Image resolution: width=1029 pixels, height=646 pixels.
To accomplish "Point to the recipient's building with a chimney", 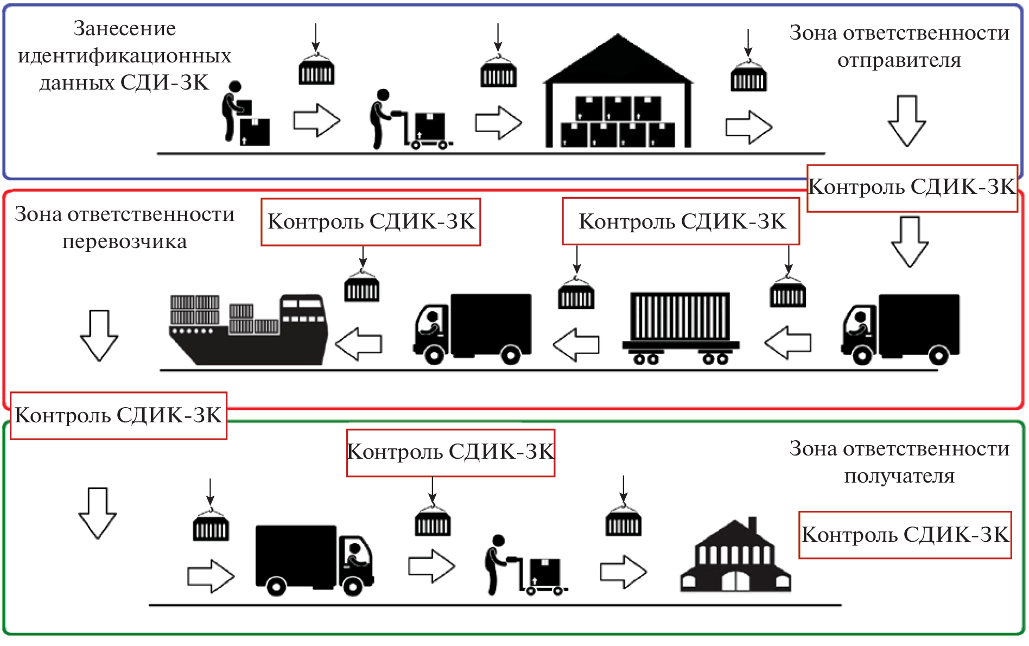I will tap(735, 559).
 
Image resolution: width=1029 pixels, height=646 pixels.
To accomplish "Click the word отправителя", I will tap(899, 60).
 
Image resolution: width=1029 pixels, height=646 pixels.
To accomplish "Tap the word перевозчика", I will tap(124, 242).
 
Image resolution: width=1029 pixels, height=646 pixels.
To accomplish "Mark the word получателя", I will tap(899, 476).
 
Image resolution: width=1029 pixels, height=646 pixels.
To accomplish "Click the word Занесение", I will tap(124, 29).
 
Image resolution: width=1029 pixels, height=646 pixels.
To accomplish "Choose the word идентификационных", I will tap(124, 56).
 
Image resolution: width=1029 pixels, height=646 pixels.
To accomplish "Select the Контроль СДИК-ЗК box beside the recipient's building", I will tap(905, 535).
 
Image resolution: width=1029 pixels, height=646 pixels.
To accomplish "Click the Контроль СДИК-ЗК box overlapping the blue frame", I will tap(912, 188).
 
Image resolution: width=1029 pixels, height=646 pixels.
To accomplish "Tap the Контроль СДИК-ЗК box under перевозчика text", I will tap(118, 416).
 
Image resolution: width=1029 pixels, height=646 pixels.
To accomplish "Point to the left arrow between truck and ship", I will tap(359, 344).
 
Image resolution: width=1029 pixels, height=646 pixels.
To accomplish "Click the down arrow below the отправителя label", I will tap(906, 121).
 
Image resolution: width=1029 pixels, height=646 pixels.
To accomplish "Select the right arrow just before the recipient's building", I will tap(623, 572).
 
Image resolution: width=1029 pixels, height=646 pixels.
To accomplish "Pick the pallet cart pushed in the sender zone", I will tap(429, 130).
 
